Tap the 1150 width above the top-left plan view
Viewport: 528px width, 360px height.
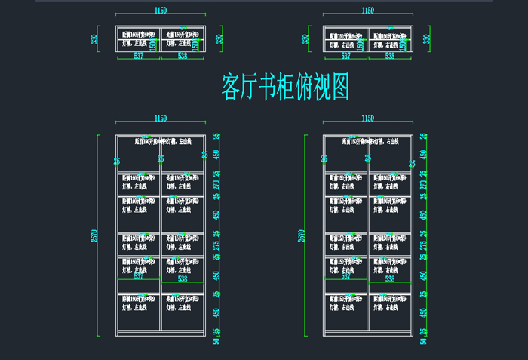(x=161, y=11)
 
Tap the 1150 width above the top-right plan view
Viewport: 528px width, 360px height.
(x=368, y=11)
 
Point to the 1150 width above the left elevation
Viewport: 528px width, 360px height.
(x=161, y=118)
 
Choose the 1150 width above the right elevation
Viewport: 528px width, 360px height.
(x=368, y=118)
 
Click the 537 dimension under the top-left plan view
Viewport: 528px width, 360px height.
(x=138, y=55)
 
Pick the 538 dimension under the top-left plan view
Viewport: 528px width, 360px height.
(x=182, y=55)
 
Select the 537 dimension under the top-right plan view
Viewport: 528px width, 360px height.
(x=345, y=55)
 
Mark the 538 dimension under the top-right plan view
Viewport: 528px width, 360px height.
(x=390, y=55)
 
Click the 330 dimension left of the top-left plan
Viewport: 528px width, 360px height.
(x=94, y=39)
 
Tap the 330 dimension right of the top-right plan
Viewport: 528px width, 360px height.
(x=427, y=39)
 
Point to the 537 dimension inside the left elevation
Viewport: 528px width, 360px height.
(x=138, y=277)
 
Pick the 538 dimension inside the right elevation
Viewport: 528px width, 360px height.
(x=390, y=279)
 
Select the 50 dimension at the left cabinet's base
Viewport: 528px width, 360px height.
(x=216, y=341)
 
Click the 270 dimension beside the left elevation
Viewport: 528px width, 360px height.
(x=216, y=185)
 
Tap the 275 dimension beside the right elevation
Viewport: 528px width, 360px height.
(x=423, y=245)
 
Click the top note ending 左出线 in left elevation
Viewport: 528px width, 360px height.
(x=161, y=141)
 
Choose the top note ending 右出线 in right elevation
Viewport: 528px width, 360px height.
(x=369, y=141)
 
